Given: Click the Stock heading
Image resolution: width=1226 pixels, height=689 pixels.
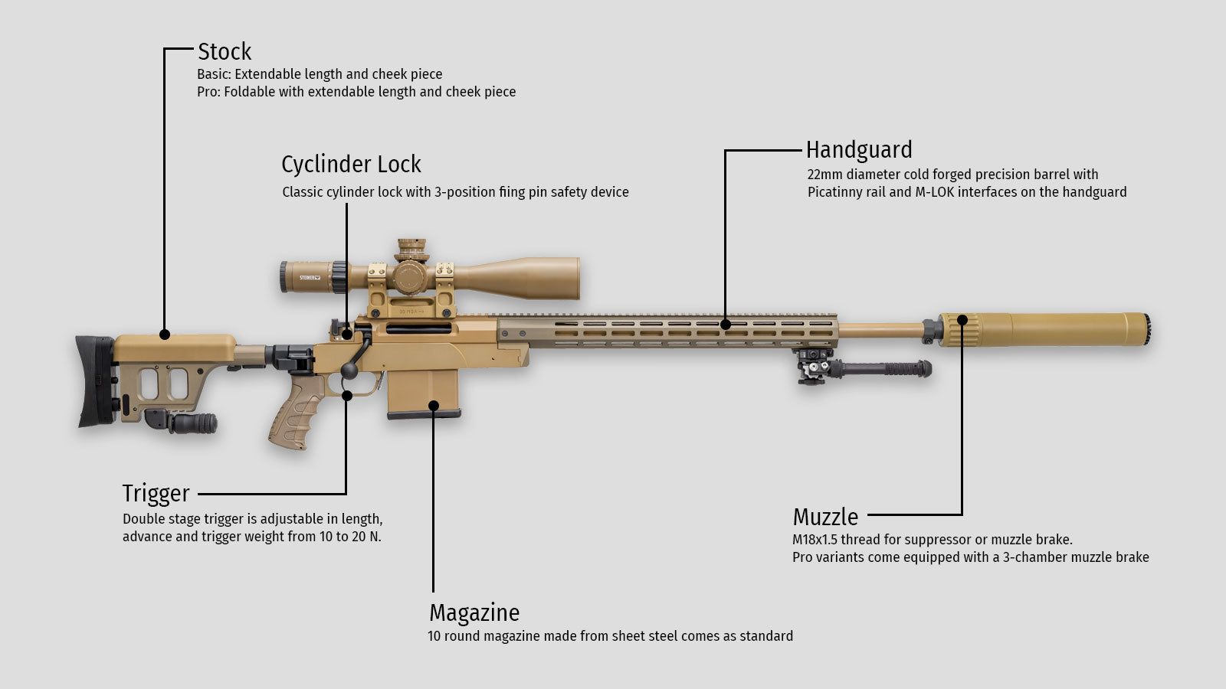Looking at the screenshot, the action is click(x=225, y=52).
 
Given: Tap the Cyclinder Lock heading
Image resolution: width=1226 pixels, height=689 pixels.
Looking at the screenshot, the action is click(x=352, y=165).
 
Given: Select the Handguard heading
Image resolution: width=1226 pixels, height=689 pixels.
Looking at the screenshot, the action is click(x=859, y=150).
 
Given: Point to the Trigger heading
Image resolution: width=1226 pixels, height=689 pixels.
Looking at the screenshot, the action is click(x=156, y=494).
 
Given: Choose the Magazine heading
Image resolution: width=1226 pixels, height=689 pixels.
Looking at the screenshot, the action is click(x=474, y=612).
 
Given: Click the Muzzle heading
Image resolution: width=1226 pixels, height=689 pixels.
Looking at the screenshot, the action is click(x=825, y=517).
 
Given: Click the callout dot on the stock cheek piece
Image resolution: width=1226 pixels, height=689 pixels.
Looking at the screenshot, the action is click(x=165, y=334).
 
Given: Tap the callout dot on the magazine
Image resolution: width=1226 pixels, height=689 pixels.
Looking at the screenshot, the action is click(x=434, y=406).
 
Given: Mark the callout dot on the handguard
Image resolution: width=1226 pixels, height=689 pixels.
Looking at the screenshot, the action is click(x=726, y=325).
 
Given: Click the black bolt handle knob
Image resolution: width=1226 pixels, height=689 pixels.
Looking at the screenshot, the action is click(x=349, y=371).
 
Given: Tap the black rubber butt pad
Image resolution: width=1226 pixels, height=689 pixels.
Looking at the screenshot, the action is click(x=95, y=381).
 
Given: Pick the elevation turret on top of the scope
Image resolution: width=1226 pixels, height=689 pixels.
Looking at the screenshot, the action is click(x=411, y=250).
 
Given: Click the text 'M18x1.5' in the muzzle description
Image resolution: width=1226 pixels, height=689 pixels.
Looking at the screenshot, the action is click(x=815, y=540).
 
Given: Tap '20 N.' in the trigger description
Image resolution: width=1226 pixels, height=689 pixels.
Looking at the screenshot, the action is click(x=366, y=537).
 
